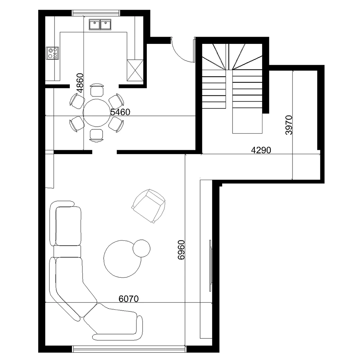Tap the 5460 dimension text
(x=120, y=112)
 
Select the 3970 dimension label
(x=289, y=125)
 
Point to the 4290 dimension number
(x=261, y=150)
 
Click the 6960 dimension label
(x=181, y=250)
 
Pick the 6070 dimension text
(x=129, y=299)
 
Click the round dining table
(x=96, y=113)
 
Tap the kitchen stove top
(x=52, y=53)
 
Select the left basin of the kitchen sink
(x=94, y=24)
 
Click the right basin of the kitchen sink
(x=105, y=24)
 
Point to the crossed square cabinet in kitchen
(x=135, y=70)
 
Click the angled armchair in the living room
(x=149, y=206)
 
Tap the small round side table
(x=141, y=248)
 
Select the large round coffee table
(x=122, y=259)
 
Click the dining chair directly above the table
(x=96, y=90)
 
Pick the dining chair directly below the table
(x=96, y=135)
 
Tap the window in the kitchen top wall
(x=96, y=13)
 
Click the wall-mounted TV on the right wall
(x=210, y=266)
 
